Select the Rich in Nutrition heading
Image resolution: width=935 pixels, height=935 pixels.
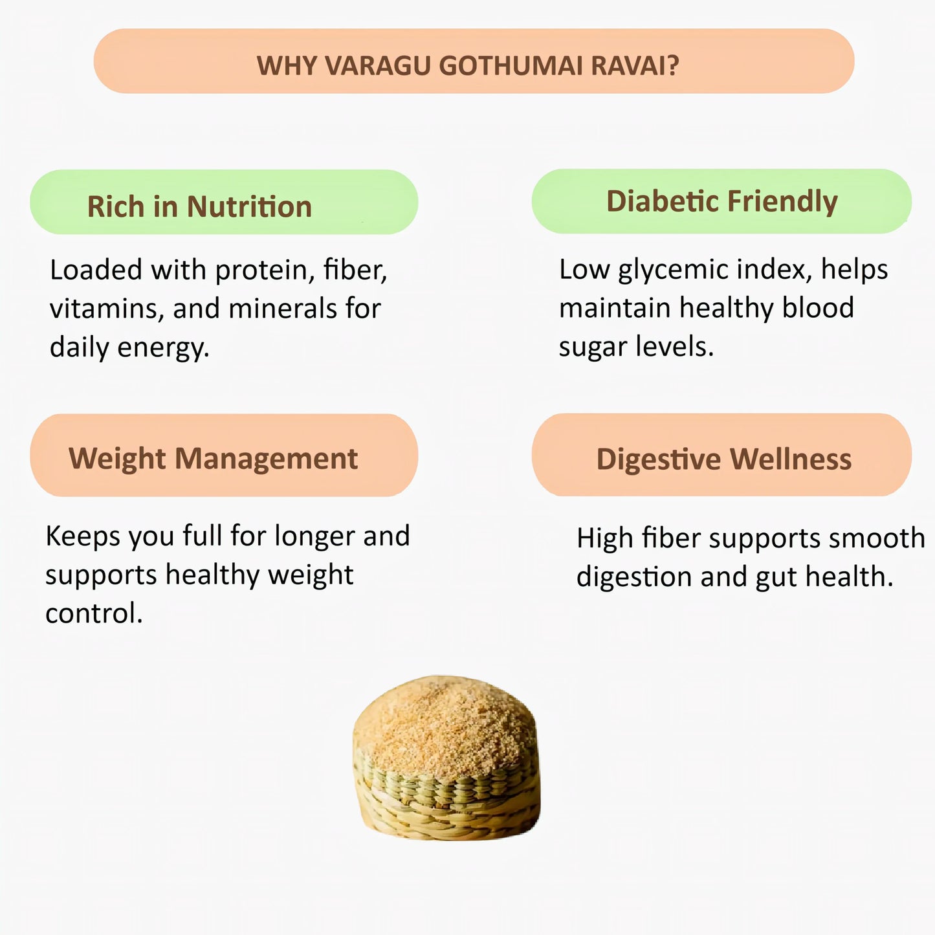point(199,207)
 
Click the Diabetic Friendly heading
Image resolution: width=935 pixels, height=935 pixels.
point(721,201)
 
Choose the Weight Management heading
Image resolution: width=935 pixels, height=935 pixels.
point(213,459)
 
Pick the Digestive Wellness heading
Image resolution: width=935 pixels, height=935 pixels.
point(723,459)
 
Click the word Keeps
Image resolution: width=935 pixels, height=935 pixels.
point(83,536)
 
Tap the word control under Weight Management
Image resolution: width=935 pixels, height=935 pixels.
point(93,613)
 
